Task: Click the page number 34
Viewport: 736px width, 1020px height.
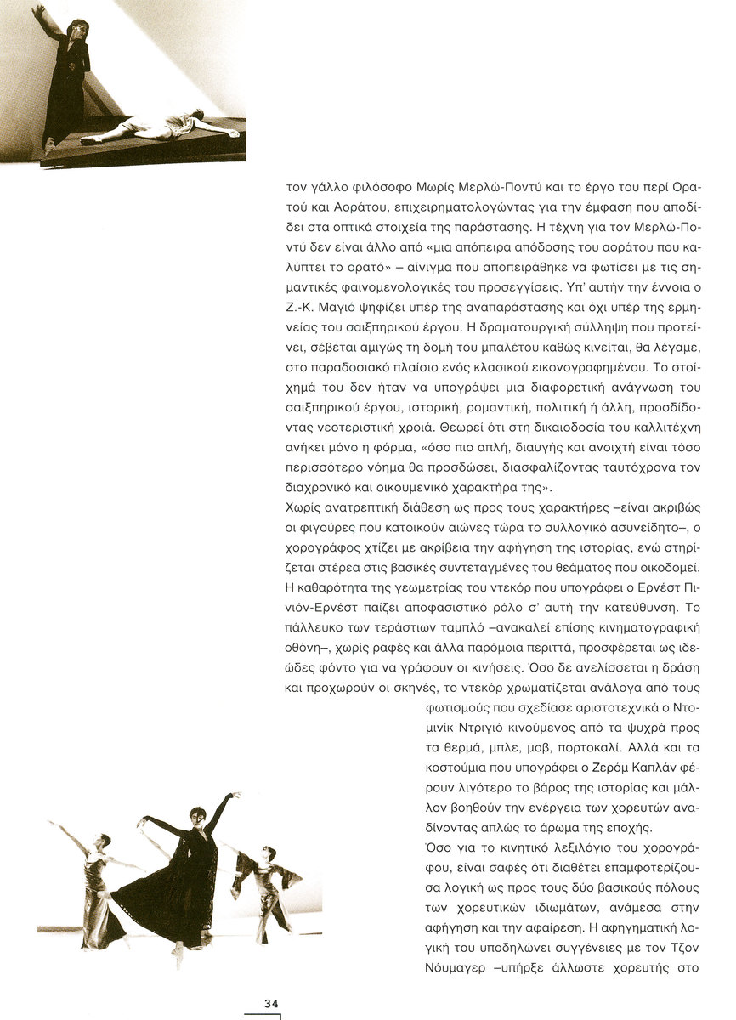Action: pos(271,1003)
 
